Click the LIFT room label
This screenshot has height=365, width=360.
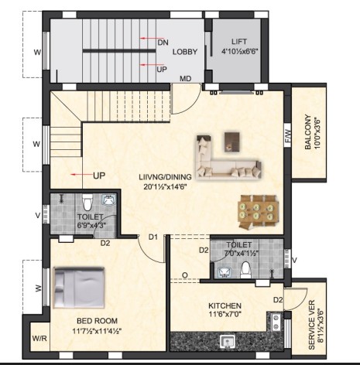(x=239, y=41)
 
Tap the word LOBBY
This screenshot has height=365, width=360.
(x=185, y=52)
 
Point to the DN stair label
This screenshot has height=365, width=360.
(x=163, y=43)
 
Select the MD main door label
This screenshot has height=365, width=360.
(x=186, y=78)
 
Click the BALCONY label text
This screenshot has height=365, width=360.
(x=307, y=131)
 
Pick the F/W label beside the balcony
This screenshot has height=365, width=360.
(x=287, y=136)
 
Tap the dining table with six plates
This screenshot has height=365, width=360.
(x=259, y=211)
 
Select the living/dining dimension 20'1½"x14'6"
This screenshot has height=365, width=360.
(x=165, y=186)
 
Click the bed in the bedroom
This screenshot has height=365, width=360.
(x=79, y=288)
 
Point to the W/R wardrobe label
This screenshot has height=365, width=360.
(x=39, y=338)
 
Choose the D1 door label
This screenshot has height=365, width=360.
(x=153, y=237)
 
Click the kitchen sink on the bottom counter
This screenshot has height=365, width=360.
(x=228, y=342)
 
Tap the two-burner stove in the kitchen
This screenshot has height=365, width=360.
(x=276, y=322)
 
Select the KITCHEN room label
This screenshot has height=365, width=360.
(x=225, y=306)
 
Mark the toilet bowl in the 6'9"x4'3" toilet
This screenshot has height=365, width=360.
(x=87, y=202)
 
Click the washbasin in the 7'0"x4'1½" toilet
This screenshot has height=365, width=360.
(x=225, y=273)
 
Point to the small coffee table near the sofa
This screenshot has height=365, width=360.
(x=232, y=142)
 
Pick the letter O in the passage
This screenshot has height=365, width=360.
(x=184, y=275)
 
